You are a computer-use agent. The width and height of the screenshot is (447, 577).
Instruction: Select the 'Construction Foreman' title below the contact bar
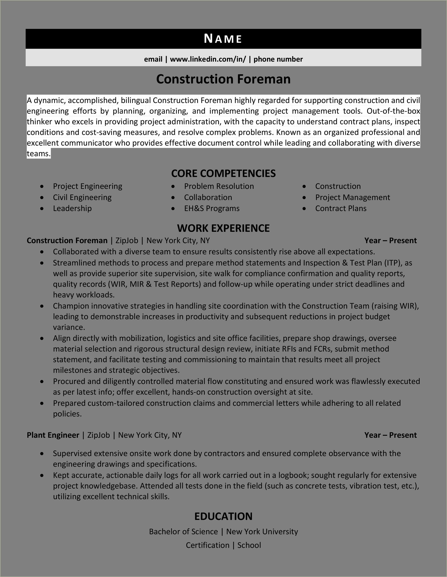[x=223, y=79]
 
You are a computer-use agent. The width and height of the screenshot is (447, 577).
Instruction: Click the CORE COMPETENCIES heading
[x=223, y=173]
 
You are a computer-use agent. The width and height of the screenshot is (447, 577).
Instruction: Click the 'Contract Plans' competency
[x=341, y=208]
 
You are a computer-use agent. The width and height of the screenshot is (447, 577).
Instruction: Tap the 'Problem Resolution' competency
[x=219, y=186]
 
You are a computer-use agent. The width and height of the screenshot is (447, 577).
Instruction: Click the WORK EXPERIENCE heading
[x=223, y=228]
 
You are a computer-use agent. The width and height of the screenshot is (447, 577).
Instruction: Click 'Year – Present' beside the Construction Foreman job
[x=390, y=241]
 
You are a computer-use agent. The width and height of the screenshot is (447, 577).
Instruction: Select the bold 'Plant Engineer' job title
[x=53, y=435]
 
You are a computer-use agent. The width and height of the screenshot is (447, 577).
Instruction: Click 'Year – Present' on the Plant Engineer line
[x=390, y=435]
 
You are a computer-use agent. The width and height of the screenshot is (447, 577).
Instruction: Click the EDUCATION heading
[x=223, y=516]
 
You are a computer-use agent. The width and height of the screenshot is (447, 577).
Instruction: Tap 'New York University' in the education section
[x=262, y=532]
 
